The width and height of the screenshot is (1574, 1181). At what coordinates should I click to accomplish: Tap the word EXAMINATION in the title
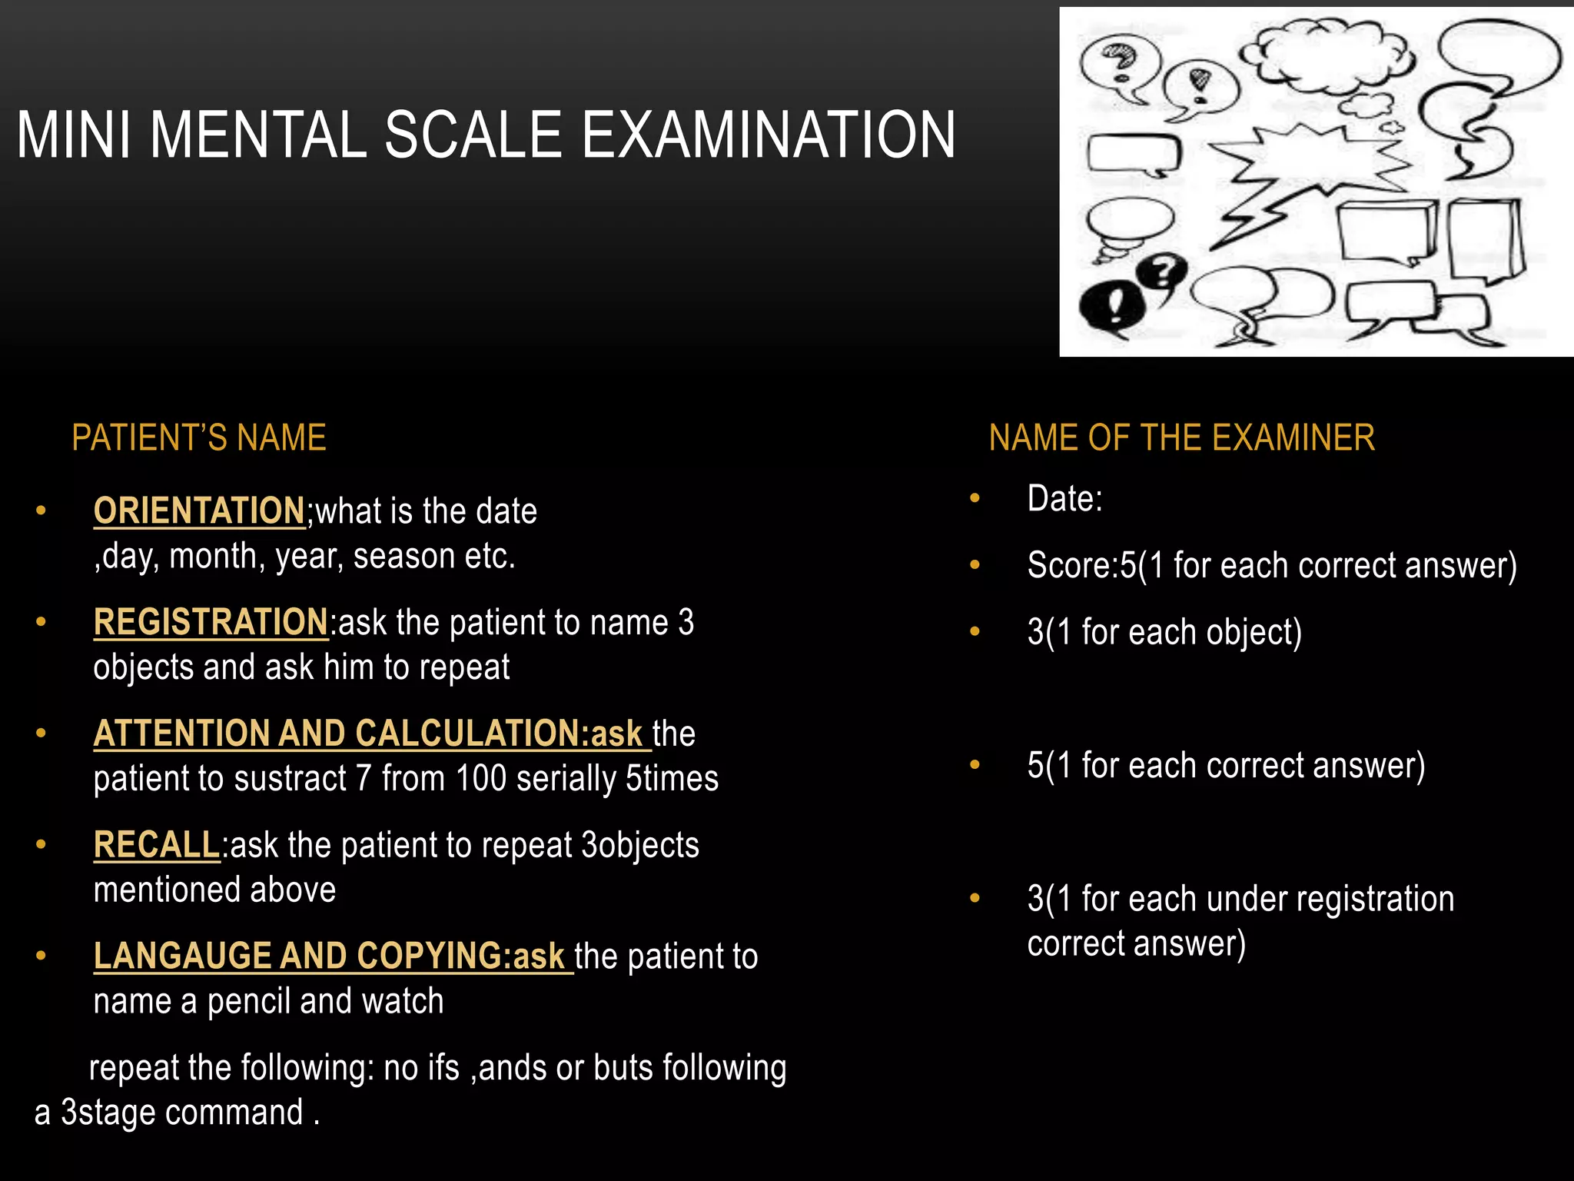pos(768,135)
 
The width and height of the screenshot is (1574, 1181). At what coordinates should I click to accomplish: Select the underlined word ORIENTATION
pos(199,511)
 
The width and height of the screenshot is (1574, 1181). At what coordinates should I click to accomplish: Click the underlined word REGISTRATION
pos(211,622)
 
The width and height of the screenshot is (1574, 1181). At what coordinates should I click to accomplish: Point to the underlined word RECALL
pos(157,845)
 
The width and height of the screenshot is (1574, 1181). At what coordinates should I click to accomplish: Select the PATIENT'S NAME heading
pos(199,438)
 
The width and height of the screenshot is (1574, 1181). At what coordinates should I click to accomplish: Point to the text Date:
pos(1064,499)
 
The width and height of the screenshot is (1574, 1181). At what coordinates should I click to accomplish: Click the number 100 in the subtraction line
pos(480,778)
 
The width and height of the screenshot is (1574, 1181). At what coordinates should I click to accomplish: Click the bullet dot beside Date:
pos(975,499)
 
